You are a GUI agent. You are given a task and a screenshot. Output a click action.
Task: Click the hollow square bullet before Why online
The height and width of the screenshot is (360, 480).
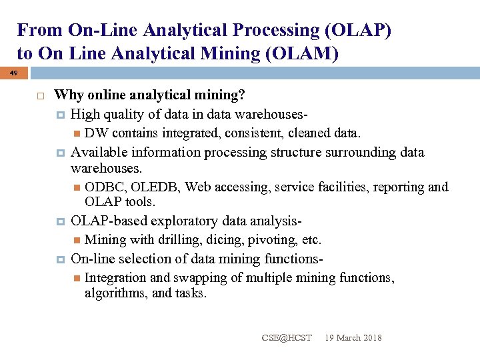40,97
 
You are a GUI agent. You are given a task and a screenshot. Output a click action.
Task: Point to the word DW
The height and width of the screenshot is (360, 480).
96,132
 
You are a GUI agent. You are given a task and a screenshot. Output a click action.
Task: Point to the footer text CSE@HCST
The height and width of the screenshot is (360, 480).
286,338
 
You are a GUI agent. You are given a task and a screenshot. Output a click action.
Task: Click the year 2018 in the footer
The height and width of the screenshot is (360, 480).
371,338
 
